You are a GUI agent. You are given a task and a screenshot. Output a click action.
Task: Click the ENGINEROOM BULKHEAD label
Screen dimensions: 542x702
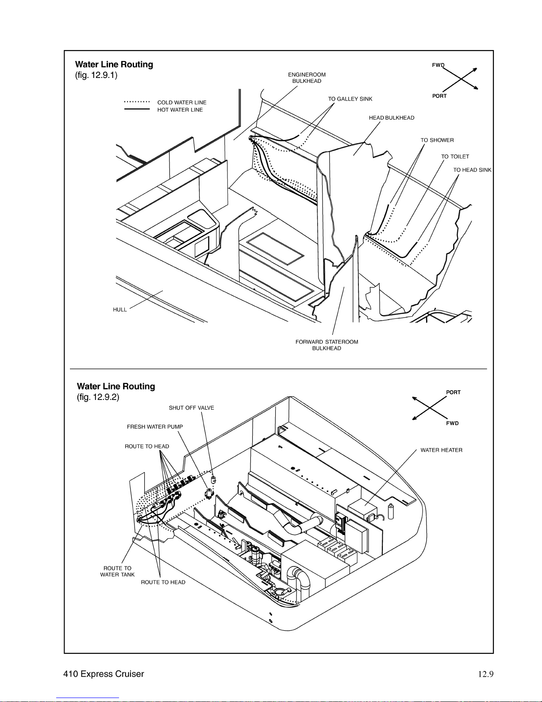tap(307, 78)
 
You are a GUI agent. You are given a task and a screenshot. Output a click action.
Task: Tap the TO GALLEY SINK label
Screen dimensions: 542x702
tap(350, 99)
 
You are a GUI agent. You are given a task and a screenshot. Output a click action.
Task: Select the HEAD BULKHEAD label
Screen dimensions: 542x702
tap(392, 118)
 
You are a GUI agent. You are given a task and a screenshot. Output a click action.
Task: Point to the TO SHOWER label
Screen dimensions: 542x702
tap(437, 140)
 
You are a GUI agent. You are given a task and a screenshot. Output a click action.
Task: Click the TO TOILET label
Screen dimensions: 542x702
tap(455, 157)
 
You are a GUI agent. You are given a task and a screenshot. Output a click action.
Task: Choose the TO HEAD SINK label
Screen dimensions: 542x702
tap(473, 170)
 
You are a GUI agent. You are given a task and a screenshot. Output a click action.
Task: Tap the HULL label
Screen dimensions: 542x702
tap(120, 310)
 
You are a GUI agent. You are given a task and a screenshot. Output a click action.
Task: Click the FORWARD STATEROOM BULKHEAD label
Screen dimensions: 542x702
tap(327, 345)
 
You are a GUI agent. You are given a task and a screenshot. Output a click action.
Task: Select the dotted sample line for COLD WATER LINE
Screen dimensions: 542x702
tap(137, 102)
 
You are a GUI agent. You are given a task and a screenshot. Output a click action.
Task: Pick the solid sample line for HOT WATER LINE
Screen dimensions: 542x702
tap(137, 109)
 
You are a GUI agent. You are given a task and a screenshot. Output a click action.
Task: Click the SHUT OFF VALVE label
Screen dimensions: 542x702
tap(191, 408)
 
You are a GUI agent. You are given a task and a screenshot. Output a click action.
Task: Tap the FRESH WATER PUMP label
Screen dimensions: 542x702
tap(155, 427)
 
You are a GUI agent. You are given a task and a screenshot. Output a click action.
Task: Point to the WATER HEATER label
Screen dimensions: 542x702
tap(442, 450)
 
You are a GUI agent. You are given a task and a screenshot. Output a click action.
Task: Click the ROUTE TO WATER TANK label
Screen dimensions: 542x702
tap(117, 571)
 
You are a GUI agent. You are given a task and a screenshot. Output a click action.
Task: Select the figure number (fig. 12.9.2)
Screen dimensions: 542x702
tap(98, 397)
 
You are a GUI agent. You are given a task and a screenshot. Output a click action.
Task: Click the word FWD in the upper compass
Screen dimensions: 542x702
tap(438, 65)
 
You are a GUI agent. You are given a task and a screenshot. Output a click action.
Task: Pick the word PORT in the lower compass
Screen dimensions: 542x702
tap(453, 392)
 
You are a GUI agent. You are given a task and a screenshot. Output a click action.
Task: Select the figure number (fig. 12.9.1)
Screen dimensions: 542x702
tap(96, 75)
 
